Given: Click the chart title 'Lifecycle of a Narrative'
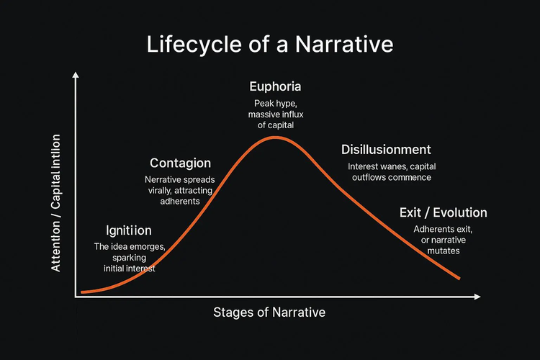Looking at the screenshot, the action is coord(270,45).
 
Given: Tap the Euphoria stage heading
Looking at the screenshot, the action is coord(275,86).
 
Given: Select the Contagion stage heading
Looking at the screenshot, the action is coord(180,163).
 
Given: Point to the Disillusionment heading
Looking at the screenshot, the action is coord(386,150).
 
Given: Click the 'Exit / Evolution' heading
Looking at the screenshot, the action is coord(444,212).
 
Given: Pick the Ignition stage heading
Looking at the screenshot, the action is coord(128,230).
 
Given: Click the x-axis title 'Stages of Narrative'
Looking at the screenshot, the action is coord(269,312).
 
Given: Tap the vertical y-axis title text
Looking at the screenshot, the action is coord(55,203).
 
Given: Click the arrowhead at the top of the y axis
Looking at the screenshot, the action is coord(76,75).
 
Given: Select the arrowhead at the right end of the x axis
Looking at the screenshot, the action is coord(477,297).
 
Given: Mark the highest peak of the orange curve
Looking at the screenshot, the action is coord(276,138).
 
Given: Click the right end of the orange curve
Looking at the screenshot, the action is coord(459,278).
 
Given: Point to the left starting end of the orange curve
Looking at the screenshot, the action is coord(82,292).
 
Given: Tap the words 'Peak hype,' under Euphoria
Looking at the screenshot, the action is coord(276,104).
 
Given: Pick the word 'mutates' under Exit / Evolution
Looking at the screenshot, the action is coord(444,251).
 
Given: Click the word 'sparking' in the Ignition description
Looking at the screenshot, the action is coord(129,258).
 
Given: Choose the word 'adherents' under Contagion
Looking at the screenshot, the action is coord(180,201).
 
